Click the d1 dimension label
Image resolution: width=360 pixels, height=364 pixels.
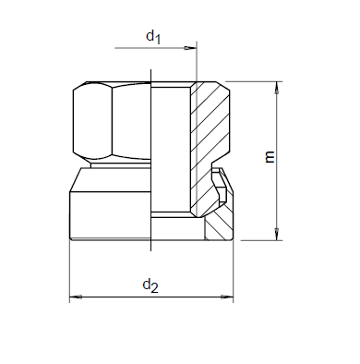point(153,37)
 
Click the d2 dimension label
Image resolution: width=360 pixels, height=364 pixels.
point(150,285)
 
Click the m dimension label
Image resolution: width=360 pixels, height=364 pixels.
point(270,157)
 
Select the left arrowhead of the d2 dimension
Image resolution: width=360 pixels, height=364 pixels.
point(76,297)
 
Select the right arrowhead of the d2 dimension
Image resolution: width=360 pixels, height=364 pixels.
point(227,297)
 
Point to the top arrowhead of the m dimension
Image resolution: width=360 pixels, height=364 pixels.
point(277,88)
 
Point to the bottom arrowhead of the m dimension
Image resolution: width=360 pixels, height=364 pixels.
point(277,234)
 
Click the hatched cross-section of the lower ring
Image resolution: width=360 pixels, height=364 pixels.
point(220,226)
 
